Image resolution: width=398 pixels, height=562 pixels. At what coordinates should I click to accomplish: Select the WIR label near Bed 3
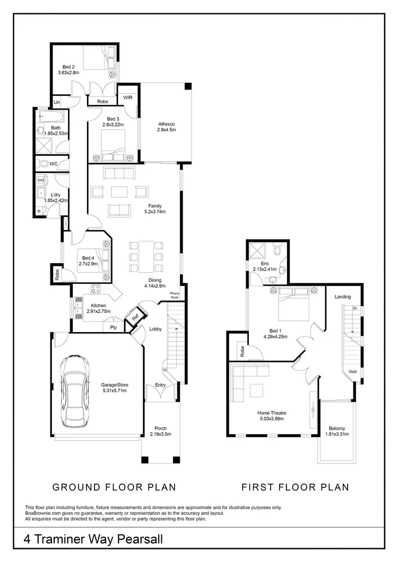click(128, 97)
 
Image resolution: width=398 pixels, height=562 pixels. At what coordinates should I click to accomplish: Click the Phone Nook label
click(175, 296)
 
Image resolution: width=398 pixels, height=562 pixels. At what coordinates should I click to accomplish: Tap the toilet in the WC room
click(45, 163)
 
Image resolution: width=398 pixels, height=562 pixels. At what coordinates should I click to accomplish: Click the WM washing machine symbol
click(41, 181)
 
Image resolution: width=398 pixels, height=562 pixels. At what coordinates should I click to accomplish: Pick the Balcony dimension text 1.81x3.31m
click(336, 435)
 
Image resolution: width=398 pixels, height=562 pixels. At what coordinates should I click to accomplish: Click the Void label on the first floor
click(352, 372)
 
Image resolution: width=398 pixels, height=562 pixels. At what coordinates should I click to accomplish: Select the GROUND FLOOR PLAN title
click(114, 487)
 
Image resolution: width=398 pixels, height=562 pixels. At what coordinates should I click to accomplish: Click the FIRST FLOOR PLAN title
click(296, 487)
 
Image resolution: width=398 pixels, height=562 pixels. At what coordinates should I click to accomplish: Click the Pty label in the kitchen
click(113, 327)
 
